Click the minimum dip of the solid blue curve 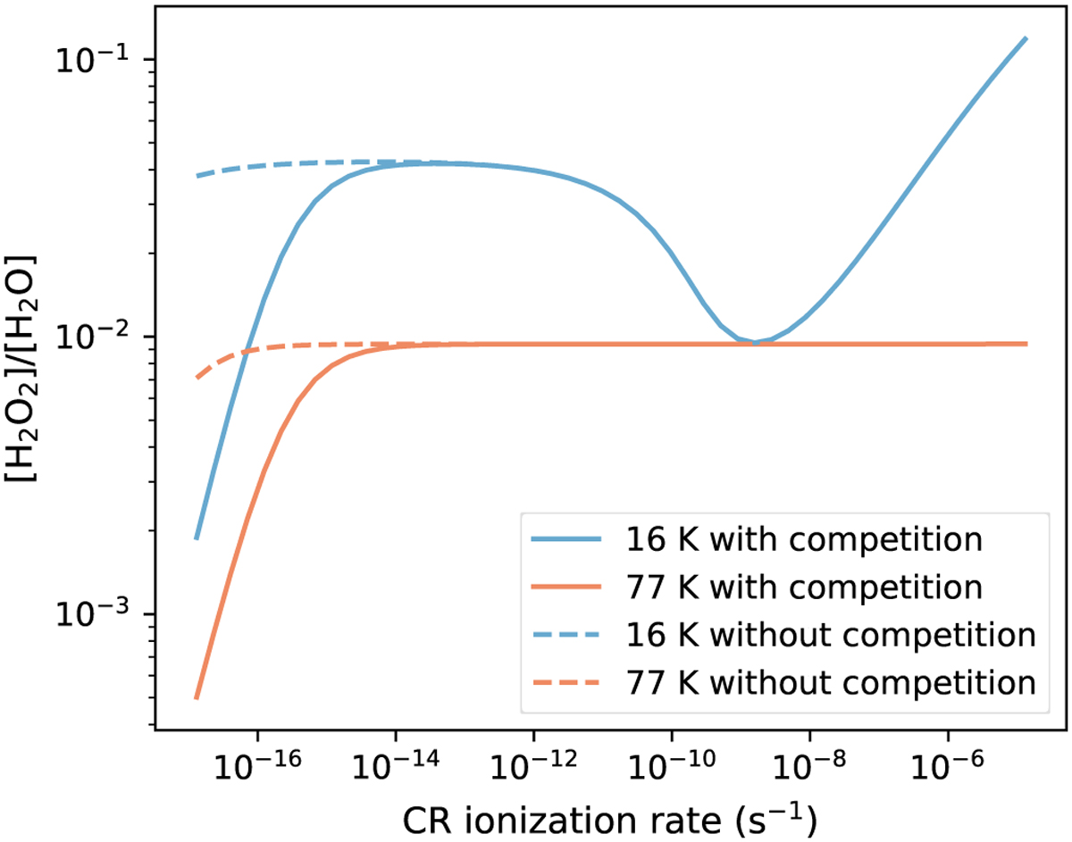(755, 342)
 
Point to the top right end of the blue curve (1026, 38)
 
